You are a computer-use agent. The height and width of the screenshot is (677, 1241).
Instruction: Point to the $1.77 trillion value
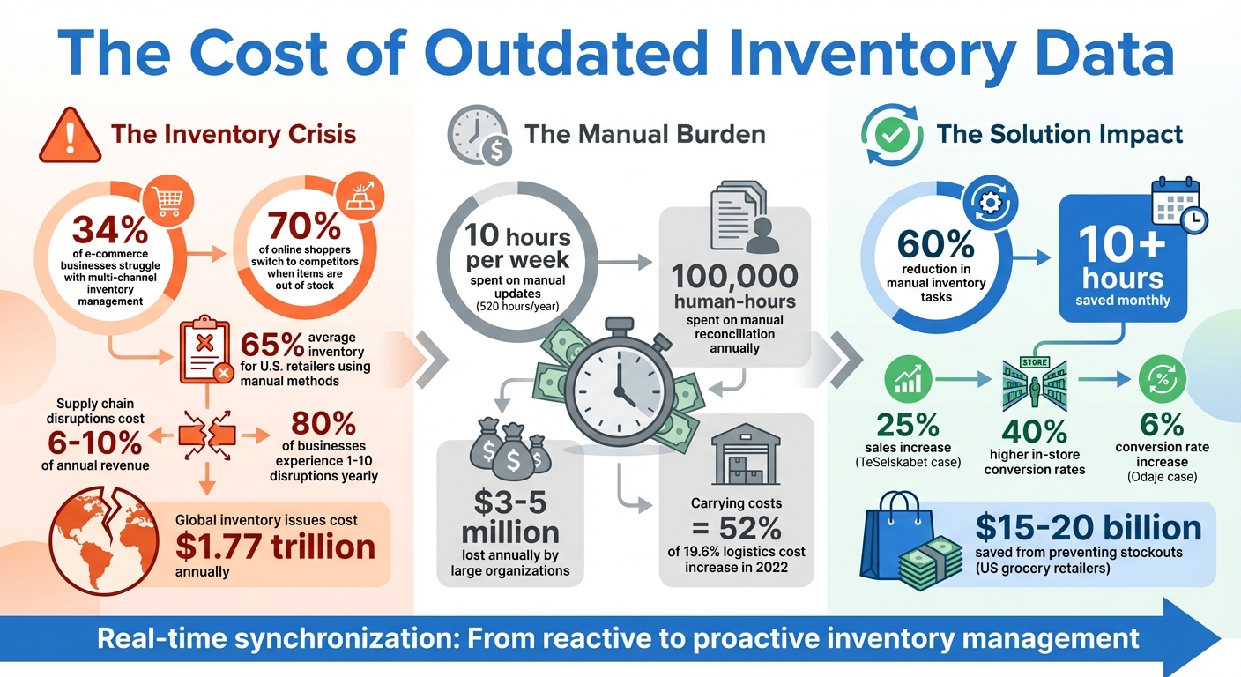[x=275, y=547]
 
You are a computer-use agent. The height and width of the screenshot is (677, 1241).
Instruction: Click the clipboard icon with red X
[x=204, y=352]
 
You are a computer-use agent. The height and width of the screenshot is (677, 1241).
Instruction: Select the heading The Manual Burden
[x=644, y=135]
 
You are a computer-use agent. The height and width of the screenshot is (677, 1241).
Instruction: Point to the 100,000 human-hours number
[x=734, y=276]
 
